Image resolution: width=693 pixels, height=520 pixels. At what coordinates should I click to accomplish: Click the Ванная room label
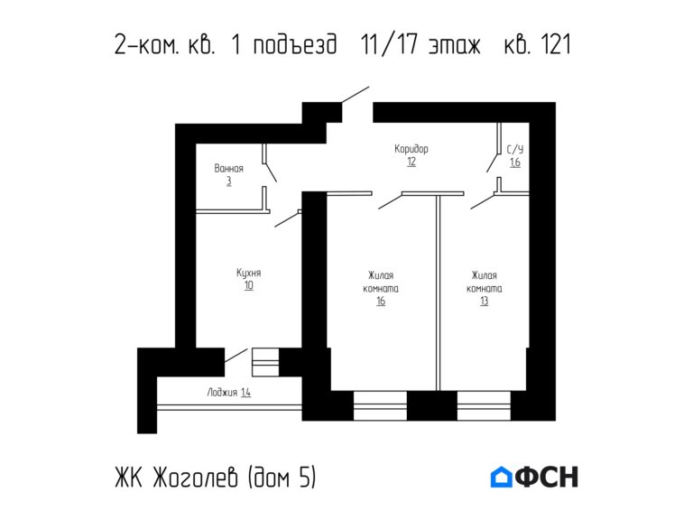tap(228, 168)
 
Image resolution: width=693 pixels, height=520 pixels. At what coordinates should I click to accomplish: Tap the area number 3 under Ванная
tap(228, 181)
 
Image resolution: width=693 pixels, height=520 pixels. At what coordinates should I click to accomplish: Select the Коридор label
tap(411, 149)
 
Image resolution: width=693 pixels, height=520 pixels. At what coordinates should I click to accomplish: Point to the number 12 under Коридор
tap(411, 162)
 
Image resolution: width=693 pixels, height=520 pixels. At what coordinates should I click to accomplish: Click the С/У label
tap(514, 150)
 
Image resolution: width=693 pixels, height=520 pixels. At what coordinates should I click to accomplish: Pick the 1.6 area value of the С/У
tap(514, 163)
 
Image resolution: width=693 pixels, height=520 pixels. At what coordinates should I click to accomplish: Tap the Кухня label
tap(248, 272)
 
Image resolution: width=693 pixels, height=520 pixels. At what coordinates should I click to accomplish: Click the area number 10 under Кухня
tap(248, 285)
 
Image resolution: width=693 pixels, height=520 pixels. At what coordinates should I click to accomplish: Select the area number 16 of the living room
tap(381, 302)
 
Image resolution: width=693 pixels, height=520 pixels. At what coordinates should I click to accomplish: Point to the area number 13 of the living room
tap(485, 302)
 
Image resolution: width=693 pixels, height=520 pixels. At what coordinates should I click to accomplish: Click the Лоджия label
tap(222, 392)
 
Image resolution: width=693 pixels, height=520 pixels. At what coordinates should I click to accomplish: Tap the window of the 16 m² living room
tap(379, 405)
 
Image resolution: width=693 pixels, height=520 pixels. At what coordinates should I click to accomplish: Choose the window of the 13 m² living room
tap(484, 405)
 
